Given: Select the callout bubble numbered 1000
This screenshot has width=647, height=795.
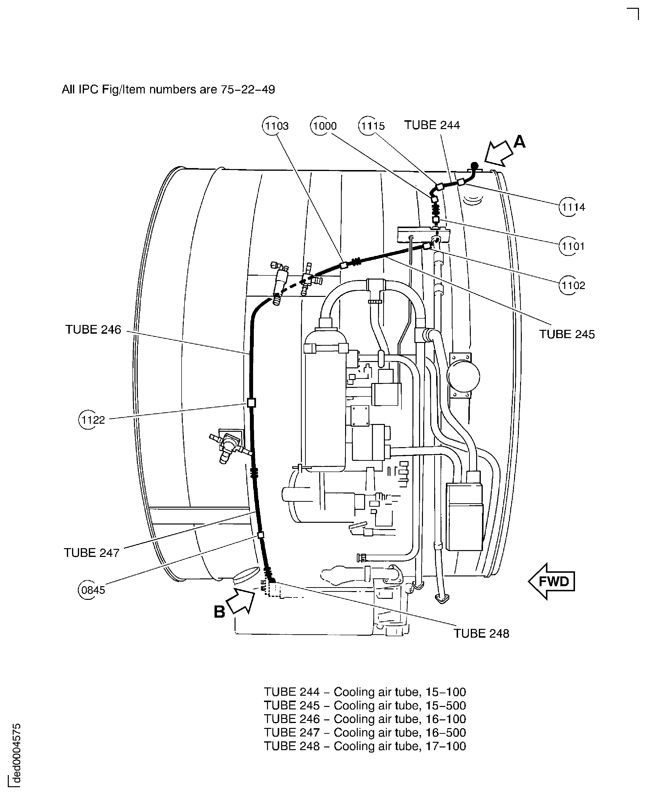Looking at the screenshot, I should coord(324,126).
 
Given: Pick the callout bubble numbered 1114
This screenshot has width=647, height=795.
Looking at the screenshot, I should coord(572,207).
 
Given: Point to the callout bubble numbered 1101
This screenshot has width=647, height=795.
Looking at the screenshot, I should coord(572,246).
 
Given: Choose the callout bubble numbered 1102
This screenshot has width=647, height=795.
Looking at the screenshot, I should coord(572,285).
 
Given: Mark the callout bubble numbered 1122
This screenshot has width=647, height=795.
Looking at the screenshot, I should coord(92,420).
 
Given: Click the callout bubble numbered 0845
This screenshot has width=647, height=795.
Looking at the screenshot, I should coord(92,590).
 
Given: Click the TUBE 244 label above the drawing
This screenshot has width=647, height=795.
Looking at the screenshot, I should coord(432,125).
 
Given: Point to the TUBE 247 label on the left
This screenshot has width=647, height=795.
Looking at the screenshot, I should coord(92,553).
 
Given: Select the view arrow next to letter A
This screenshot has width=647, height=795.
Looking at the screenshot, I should coord(499,153).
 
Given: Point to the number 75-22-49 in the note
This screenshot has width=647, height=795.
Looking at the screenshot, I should coord(247,90).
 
